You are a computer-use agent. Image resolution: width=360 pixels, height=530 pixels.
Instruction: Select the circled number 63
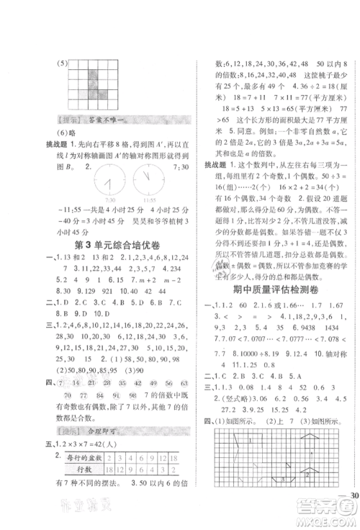click(174, 385)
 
